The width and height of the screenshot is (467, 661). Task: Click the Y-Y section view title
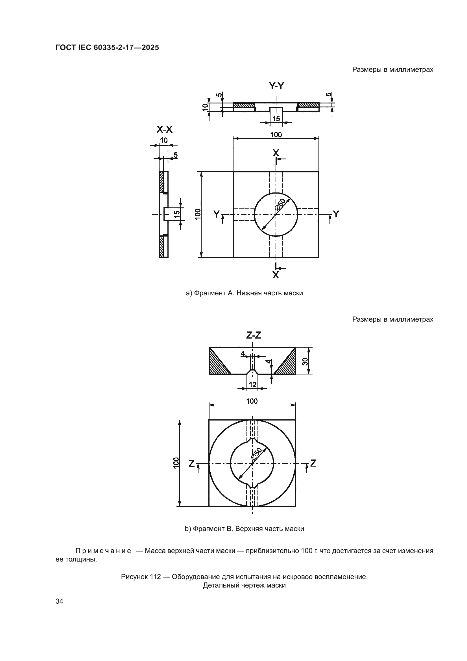(x=276, y=86)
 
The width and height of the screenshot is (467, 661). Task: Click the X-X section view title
(x=165, y=130)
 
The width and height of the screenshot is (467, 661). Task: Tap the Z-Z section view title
(x=254, y=335)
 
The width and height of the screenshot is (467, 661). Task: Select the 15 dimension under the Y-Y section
(x=276, y=118)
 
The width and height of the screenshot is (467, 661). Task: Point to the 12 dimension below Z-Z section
(x=252, y=384)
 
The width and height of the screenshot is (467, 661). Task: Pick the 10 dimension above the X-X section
(x=164, y=140)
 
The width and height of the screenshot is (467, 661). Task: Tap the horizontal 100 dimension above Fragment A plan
(x=276, y=135)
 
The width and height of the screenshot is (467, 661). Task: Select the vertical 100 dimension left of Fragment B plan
(x=176, y=463)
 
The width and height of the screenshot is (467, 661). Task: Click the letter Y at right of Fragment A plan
(x=336, y=214)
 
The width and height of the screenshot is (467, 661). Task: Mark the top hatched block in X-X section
(x=162, y=182)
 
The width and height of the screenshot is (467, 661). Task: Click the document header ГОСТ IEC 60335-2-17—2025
(x=107, y=47)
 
